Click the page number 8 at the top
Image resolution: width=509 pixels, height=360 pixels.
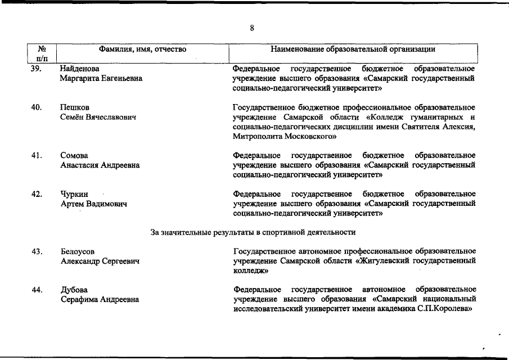pyautogui.click(x=253, y=28)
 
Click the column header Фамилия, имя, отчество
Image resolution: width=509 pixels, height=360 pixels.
pyautogui.click(x=142, y=49)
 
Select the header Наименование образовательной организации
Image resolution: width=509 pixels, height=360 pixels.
pyautogui.click(x=353, y=49)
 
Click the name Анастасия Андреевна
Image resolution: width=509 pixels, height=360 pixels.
pyautogui.click(x=100, y=165)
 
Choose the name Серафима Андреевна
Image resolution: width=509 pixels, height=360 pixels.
pyautogui.click(x=100, y=300)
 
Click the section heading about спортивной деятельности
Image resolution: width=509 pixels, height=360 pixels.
pyautogui.click(x=253, y=232)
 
